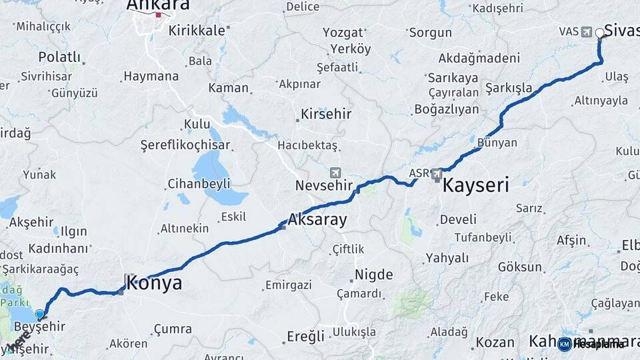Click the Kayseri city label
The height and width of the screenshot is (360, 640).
(476, 185)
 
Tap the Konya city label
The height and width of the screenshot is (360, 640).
(154, 283)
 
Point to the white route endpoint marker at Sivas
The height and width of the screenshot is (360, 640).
(599, 33)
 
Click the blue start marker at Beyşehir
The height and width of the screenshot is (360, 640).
(40, 314)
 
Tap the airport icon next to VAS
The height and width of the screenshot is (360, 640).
(586, 32)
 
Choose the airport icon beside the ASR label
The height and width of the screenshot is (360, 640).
(437, 175)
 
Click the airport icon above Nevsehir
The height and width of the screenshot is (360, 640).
(335, 172)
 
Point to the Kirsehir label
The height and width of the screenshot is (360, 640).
(326, 114)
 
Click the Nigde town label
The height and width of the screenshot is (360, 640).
(373, 275)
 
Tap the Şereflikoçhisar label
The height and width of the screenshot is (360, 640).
(185, 145)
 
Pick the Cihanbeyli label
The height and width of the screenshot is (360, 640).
(199, 183)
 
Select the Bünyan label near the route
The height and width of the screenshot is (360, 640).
(497, 143)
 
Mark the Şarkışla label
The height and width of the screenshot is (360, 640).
(509, 88)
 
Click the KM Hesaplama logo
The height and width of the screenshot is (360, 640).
(591, 344)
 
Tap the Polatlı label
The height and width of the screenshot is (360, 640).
(59, 57)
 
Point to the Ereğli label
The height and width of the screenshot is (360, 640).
(305, 335)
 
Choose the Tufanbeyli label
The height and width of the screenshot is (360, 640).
(483, 237)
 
